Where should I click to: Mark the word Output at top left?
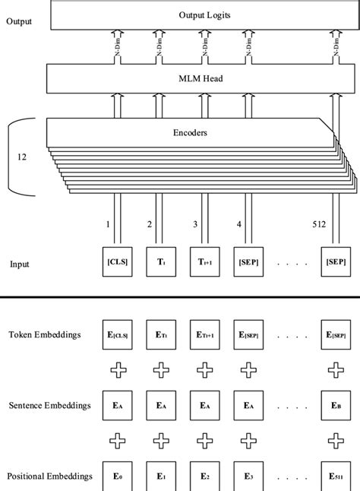tap(19, 21)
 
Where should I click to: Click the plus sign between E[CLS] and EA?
tap(117, 371)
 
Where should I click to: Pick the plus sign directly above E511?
tap(334, 442)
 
